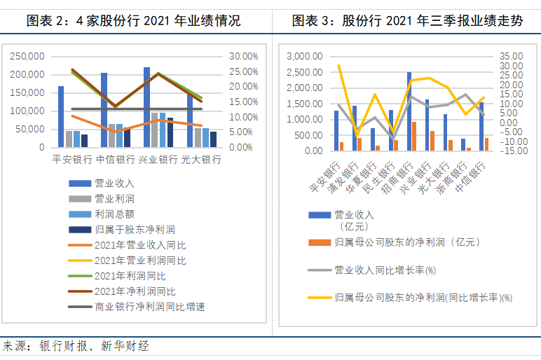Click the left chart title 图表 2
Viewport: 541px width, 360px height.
coord(133,20)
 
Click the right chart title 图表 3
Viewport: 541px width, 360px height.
coord(407,20)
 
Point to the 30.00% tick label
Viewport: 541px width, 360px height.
coord(244,56)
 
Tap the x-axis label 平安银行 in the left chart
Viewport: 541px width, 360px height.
coord(72,160)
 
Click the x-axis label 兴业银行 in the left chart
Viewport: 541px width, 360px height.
coord(158,160)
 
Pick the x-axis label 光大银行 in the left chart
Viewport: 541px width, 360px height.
coord(200,160)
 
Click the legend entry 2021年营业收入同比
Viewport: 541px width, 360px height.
coord(140,245)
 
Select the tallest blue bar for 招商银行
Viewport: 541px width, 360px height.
coord(409,111)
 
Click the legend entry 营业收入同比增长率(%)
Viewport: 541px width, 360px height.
coord(385,270)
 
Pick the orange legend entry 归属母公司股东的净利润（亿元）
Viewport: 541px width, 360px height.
coord(406,242)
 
